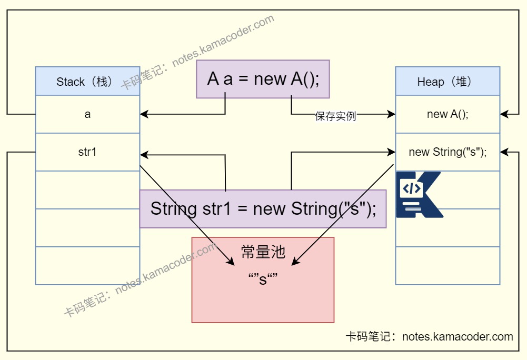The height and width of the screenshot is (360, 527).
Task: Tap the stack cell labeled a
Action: tap(87, 114)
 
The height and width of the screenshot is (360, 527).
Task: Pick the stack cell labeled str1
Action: tap(87, 152)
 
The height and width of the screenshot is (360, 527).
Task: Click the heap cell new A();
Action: tap(448, 114)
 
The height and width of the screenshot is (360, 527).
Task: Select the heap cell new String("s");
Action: tap(448, 152)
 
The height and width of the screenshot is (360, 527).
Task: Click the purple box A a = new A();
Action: tap(263, 79)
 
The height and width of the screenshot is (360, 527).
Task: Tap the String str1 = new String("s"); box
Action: tap(263, 209)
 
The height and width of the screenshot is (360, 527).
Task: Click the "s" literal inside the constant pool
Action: tap(262, 279)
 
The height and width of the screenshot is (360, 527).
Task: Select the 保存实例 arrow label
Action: tap(335, 117)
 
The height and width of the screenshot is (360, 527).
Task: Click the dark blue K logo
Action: tap(419, 195)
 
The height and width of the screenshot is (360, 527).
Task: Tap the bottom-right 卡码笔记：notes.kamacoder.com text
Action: tap(429, 337)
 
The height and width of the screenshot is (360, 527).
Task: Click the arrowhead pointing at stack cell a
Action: tap(144, 114)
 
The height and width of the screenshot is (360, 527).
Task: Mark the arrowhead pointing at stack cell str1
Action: tap(144, 155)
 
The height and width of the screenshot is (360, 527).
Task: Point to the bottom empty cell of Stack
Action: tap(87, 266)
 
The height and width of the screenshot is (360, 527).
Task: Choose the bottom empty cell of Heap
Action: tap(448, 266)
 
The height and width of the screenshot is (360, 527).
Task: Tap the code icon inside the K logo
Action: tap(411, 188)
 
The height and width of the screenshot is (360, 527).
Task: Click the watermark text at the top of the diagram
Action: tap(197, 53)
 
